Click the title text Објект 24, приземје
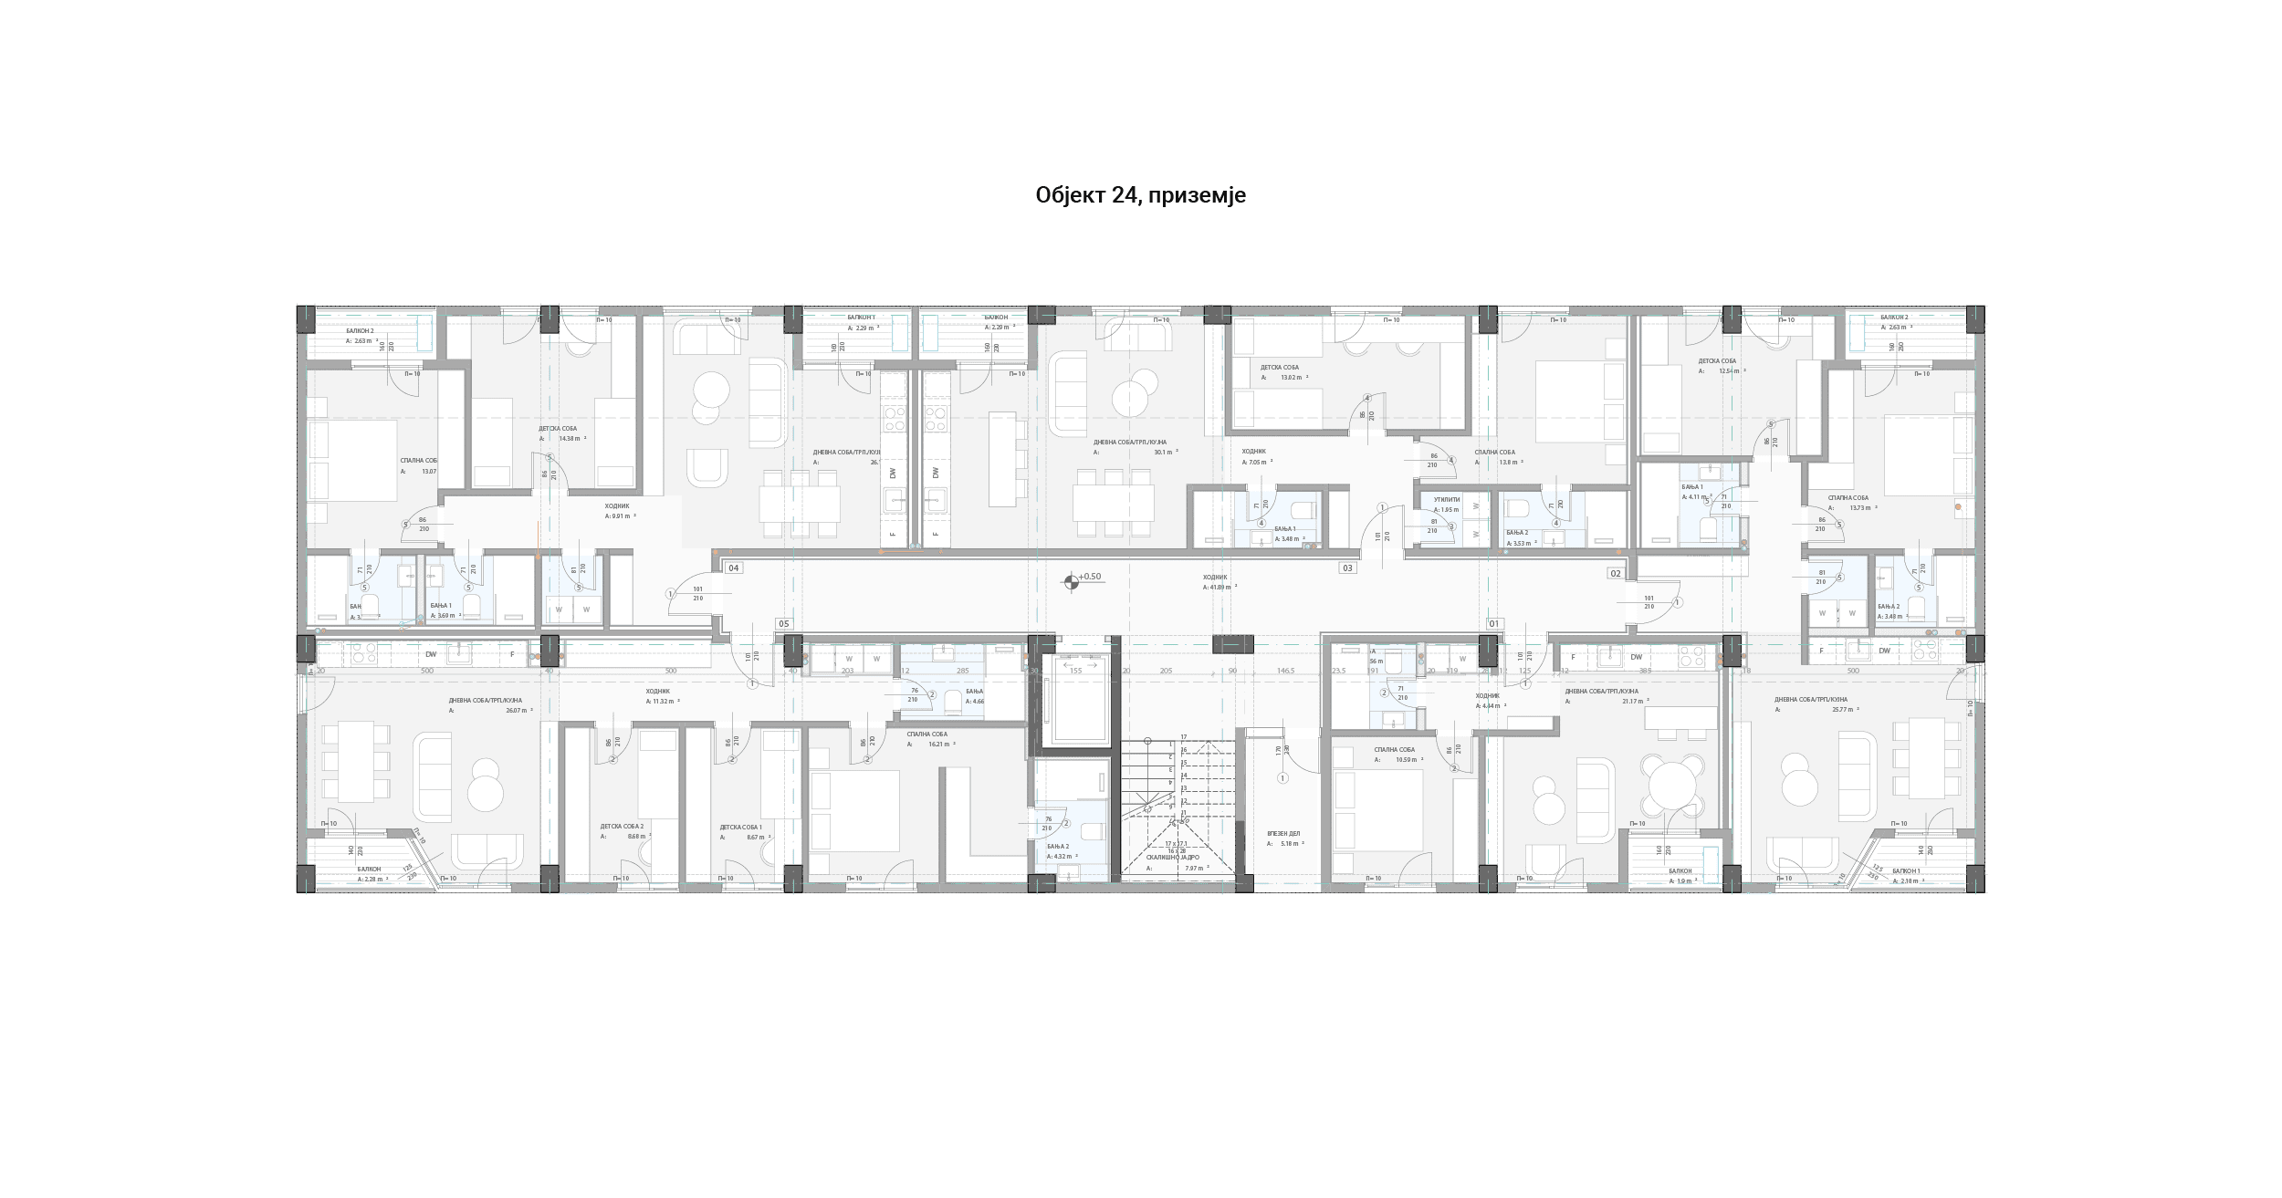tap(1140, 195)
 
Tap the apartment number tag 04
tap(733, 568)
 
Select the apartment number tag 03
tap(1347, 568)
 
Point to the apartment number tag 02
tap(1616, 574)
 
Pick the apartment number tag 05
tap(783, 624)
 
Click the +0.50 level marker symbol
tap(1072, 581)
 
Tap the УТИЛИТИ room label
tap(1447, 500)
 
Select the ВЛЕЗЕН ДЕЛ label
tap(1282, 834)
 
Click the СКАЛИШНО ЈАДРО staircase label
tap(1173, 858)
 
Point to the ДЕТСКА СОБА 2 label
tap(622, 827)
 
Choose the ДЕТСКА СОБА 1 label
tap(740, 828)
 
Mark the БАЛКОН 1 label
tap(1906, 871)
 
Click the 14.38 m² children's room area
tap(569, 439)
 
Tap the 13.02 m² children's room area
tap(1291, 378)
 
